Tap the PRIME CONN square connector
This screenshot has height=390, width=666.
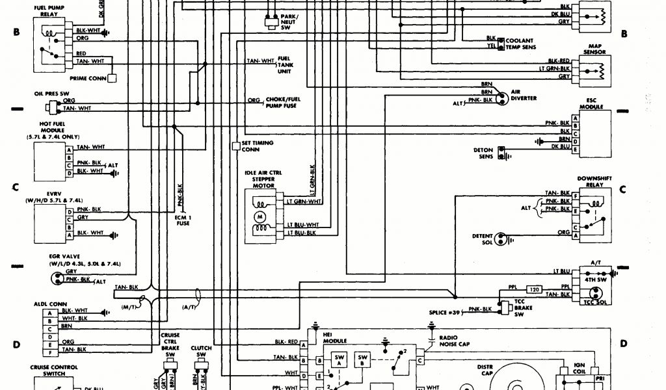(x=112, y=78)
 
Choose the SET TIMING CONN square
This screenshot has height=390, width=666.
(x=236, y=146)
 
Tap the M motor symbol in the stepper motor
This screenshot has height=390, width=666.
(x=260, y=215)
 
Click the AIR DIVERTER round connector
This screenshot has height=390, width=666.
(x=501, y=98)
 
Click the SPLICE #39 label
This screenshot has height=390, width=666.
(x=447, y=313)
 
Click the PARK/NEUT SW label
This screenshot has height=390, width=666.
(x=289, y=23)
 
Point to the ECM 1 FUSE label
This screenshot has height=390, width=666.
(x=182, y=220)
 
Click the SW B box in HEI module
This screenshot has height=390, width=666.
(x=362, y=360)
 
